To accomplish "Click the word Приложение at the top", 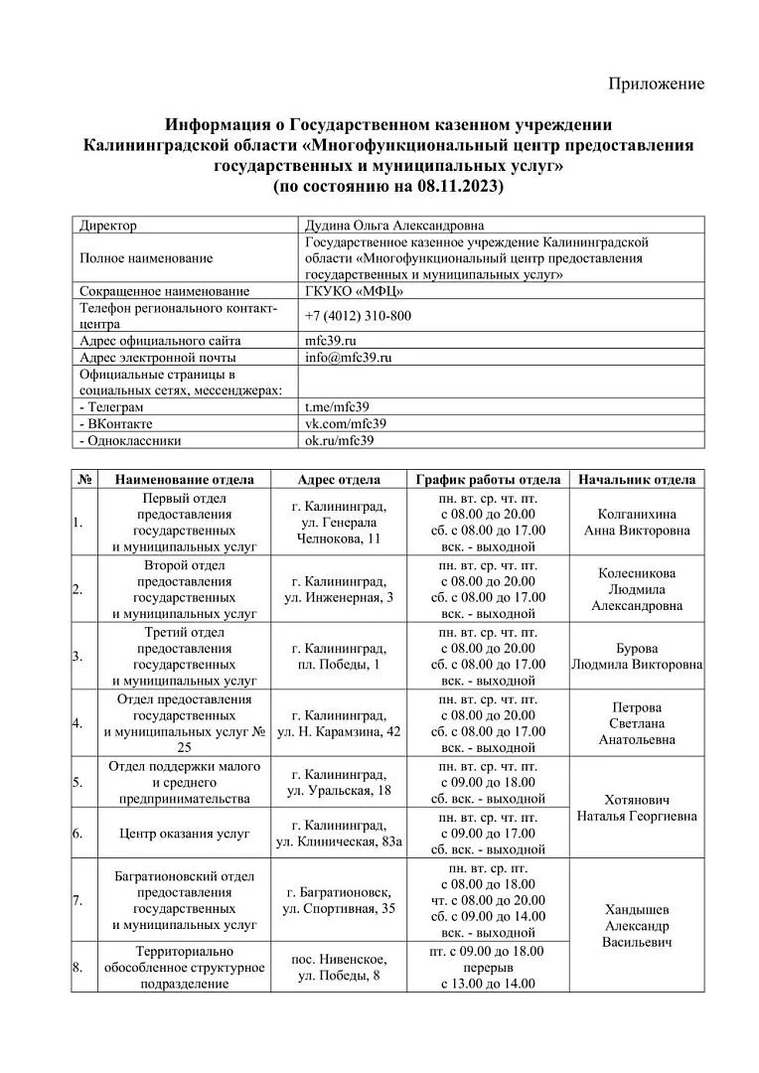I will point(656,83).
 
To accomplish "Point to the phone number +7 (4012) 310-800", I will point(358,316).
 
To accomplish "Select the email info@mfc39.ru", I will point(349,358).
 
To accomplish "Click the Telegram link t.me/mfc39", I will point(337,407).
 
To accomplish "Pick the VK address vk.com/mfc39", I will point(345,424).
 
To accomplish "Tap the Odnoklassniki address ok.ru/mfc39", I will point(339,441).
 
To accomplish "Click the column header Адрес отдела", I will point(339,480).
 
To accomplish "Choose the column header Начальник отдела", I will point(637,480).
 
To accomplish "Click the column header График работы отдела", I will point(488,480).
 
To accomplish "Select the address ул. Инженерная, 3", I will point(339,597).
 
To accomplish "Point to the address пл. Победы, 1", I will point(339,664).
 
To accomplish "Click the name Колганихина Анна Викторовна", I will point(637,523).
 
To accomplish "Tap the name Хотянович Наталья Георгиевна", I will point(637,808).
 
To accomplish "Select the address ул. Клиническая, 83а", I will point(339,842).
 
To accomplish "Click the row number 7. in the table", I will point(77,901).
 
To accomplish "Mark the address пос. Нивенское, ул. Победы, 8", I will point(339,968).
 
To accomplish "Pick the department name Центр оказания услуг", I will point(184,834).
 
